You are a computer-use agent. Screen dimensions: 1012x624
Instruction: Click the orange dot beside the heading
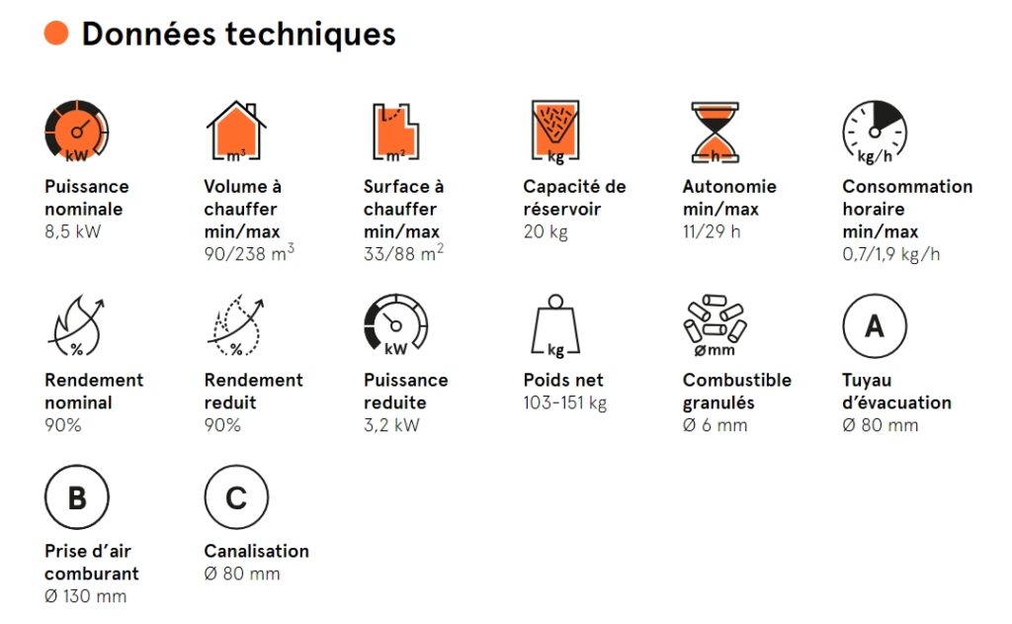56,33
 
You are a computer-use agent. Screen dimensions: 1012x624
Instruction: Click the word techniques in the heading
309,35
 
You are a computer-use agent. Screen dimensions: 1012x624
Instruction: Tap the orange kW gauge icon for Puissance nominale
77,131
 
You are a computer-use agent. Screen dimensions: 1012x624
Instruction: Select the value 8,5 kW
73,232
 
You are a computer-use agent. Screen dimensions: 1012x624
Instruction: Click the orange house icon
236,131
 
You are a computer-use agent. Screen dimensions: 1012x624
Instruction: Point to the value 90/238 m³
249,252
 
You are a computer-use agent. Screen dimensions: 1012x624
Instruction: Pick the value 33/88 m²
403,252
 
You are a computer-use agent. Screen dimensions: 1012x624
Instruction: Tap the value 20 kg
546,232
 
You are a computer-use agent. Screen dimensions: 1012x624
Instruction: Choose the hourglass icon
716,132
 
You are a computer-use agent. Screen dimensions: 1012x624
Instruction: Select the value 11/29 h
712,232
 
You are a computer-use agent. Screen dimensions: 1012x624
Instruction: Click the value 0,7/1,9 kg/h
890,254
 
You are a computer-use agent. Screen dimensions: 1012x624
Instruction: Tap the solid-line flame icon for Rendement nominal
76,326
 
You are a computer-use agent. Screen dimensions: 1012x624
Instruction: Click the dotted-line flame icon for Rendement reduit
235,326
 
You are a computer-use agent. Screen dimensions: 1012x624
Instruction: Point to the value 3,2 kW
391,425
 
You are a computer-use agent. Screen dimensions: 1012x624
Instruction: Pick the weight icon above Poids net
555,325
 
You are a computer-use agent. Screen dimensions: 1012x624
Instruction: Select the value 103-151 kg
564,403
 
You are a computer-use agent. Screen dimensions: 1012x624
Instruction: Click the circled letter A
875,325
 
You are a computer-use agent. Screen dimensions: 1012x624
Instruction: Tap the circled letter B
77,496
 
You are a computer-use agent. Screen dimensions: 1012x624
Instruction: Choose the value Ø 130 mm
85,596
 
